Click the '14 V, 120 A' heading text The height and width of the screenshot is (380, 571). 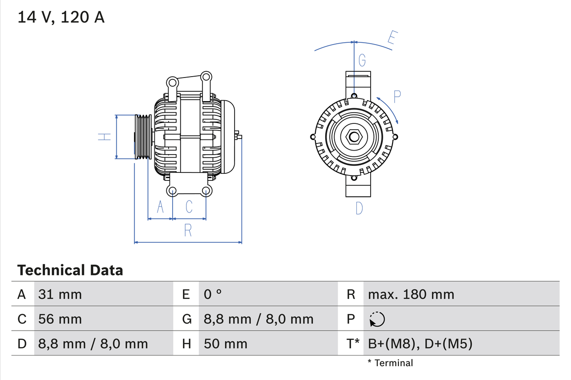click(x=61, y=17)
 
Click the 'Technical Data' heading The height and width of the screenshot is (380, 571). click(x=70, y=270)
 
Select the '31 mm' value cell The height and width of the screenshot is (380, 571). click(x=60, y=294)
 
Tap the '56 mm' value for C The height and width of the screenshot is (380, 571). click(x=60, y=319)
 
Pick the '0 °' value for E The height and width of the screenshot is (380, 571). click(x=213, y=294)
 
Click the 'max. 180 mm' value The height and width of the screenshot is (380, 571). click(x=411, y=294)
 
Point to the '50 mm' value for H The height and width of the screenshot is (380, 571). click(x=225, y=344)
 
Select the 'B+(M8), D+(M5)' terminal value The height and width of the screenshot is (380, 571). click(x=420, y=344)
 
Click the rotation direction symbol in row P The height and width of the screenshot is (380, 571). click(x=377, y=319)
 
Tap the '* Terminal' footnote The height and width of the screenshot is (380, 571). click(x=390, y=363)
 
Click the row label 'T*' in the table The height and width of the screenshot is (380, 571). click(x=353, y=344)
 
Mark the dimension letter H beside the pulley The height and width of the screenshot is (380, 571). click(x=104, y=137)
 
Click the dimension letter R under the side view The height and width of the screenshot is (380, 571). click(x=188, y=230)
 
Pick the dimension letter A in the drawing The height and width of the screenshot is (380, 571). click(x=160, y=207)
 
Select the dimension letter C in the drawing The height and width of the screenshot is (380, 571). click(x=189, y=207)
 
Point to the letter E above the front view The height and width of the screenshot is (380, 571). click(x=391, y=39)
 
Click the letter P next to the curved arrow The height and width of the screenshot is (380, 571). click(x=397, y=96)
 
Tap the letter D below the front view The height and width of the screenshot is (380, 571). click(x=359, y=208)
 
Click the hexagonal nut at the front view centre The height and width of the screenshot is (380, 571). click(x=354, y=137)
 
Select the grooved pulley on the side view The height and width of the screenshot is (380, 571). click(x=143, y=137)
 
